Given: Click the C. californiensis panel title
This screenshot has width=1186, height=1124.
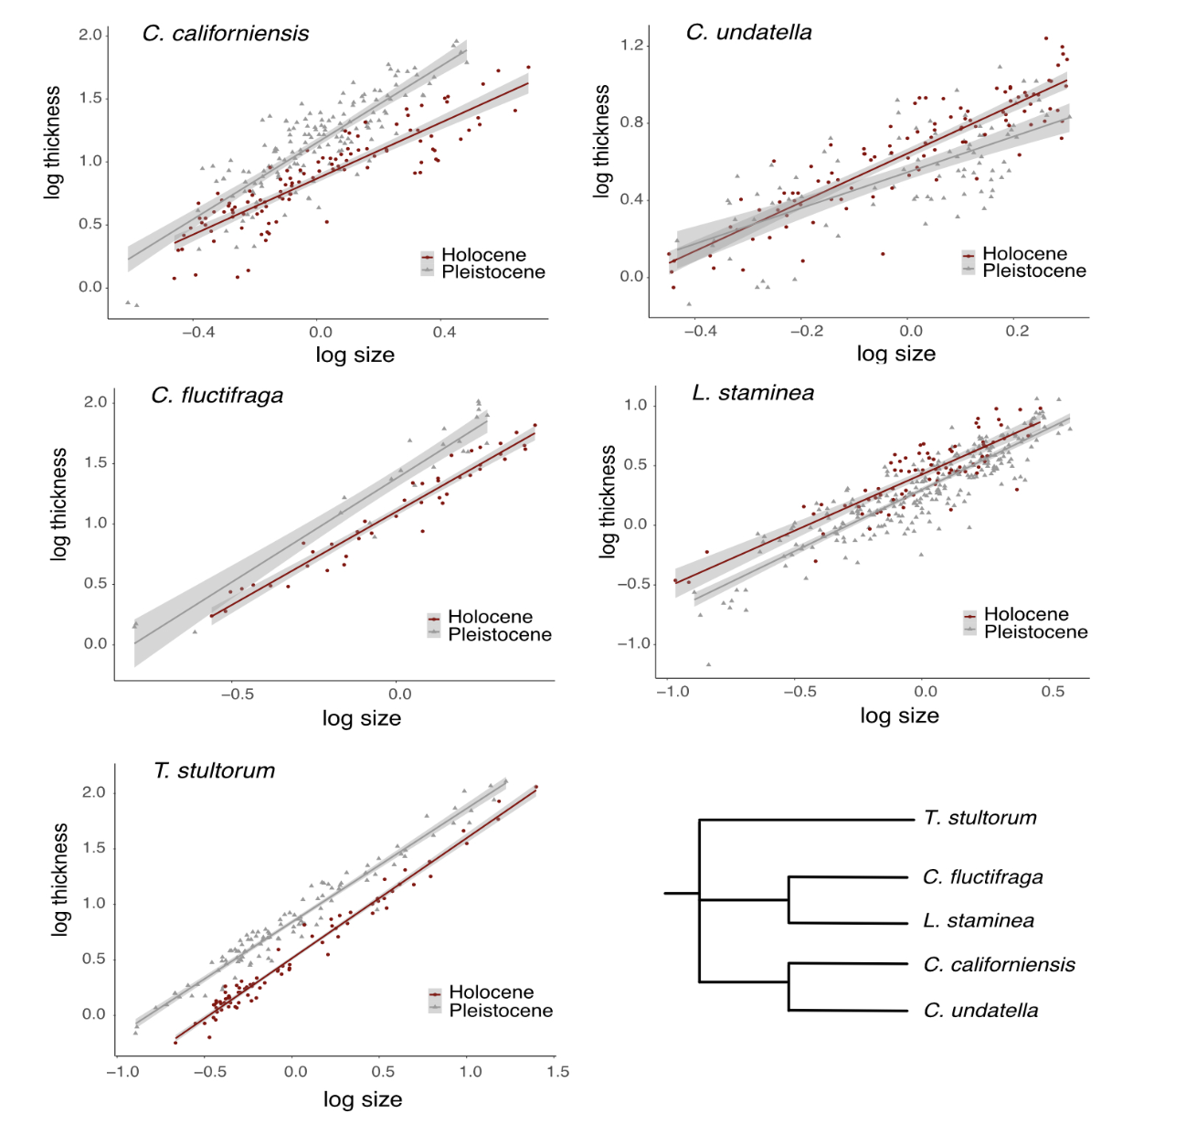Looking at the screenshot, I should (x=226, y=34).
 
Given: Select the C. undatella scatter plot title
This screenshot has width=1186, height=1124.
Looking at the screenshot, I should (x=748, y=33).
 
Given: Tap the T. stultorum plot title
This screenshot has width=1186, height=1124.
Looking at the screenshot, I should (x=214, y=770).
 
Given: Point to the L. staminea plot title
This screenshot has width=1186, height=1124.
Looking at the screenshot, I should (x=753, y=393).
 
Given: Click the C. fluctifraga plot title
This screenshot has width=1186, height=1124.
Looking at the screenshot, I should (x=217, y=396).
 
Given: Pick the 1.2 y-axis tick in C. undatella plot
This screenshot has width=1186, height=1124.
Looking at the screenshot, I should (x=632, y=46).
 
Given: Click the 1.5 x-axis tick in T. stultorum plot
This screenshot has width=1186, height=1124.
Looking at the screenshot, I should (x=557, y=1072).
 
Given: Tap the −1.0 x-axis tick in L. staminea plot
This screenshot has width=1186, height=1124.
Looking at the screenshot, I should (x=672, y=693).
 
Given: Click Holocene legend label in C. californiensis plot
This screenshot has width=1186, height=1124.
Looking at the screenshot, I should (x=483, y=255).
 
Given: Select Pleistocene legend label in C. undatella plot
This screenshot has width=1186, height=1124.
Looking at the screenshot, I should (x=1034, y=271).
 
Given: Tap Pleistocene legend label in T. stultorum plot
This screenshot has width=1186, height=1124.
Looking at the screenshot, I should (x=501, y=1011).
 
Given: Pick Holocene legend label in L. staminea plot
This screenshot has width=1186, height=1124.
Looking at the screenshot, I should (x=1026, y=614).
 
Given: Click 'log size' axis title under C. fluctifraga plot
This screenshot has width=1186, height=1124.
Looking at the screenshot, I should (x=362, y=718).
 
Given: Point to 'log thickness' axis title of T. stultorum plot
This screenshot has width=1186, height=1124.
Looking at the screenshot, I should (x=60, y=879).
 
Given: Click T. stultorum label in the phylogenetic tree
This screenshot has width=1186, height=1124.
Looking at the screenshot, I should (x=980, y=818).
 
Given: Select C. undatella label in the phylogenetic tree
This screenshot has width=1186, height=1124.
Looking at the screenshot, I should (x=980, y=1011).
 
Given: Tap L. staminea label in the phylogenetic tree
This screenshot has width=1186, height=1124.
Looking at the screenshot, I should (x=979, y=921).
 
